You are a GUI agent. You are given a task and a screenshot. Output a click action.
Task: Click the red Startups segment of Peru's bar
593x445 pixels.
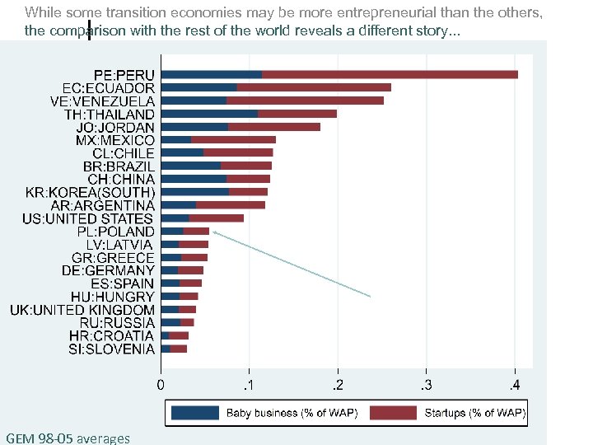(390, 75)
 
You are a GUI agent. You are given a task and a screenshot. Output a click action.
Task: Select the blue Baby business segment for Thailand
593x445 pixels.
(209, 114)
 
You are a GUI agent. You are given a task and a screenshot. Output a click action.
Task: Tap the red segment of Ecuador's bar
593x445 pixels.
(314, 87)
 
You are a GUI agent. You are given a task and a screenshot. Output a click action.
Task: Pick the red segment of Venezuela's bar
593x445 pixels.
(305, 101)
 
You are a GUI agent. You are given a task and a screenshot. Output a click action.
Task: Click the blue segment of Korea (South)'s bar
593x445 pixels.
(195, 192)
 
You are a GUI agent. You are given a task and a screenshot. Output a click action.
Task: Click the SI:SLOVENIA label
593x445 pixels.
(111, 349)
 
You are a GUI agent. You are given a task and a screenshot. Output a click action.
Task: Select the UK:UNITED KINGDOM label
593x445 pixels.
(82, 310)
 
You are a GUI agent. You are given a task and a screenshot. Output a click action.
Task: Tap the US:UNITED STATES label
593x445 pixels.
(87, 218)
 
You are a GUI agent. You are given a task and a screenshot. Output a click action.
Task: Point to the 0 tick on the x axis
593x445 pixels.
(161, 385)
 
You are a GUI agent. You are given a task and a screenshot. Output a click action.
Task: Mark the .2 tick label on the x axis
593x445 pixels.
(337, 385)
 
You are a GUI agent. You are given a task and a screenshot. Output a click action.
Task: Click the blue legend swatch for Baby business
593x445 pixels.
(194, 413)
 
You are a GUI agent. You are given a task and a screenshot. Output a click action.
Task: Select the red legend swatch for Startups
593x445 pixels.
(393, 413)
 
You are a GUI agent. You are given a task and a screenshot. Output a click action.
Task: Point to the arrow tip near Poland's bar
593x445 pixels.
(214, 233)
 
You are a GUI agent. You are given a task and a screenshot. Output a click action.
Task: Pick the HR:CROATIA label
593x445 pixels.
(111, 336)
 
